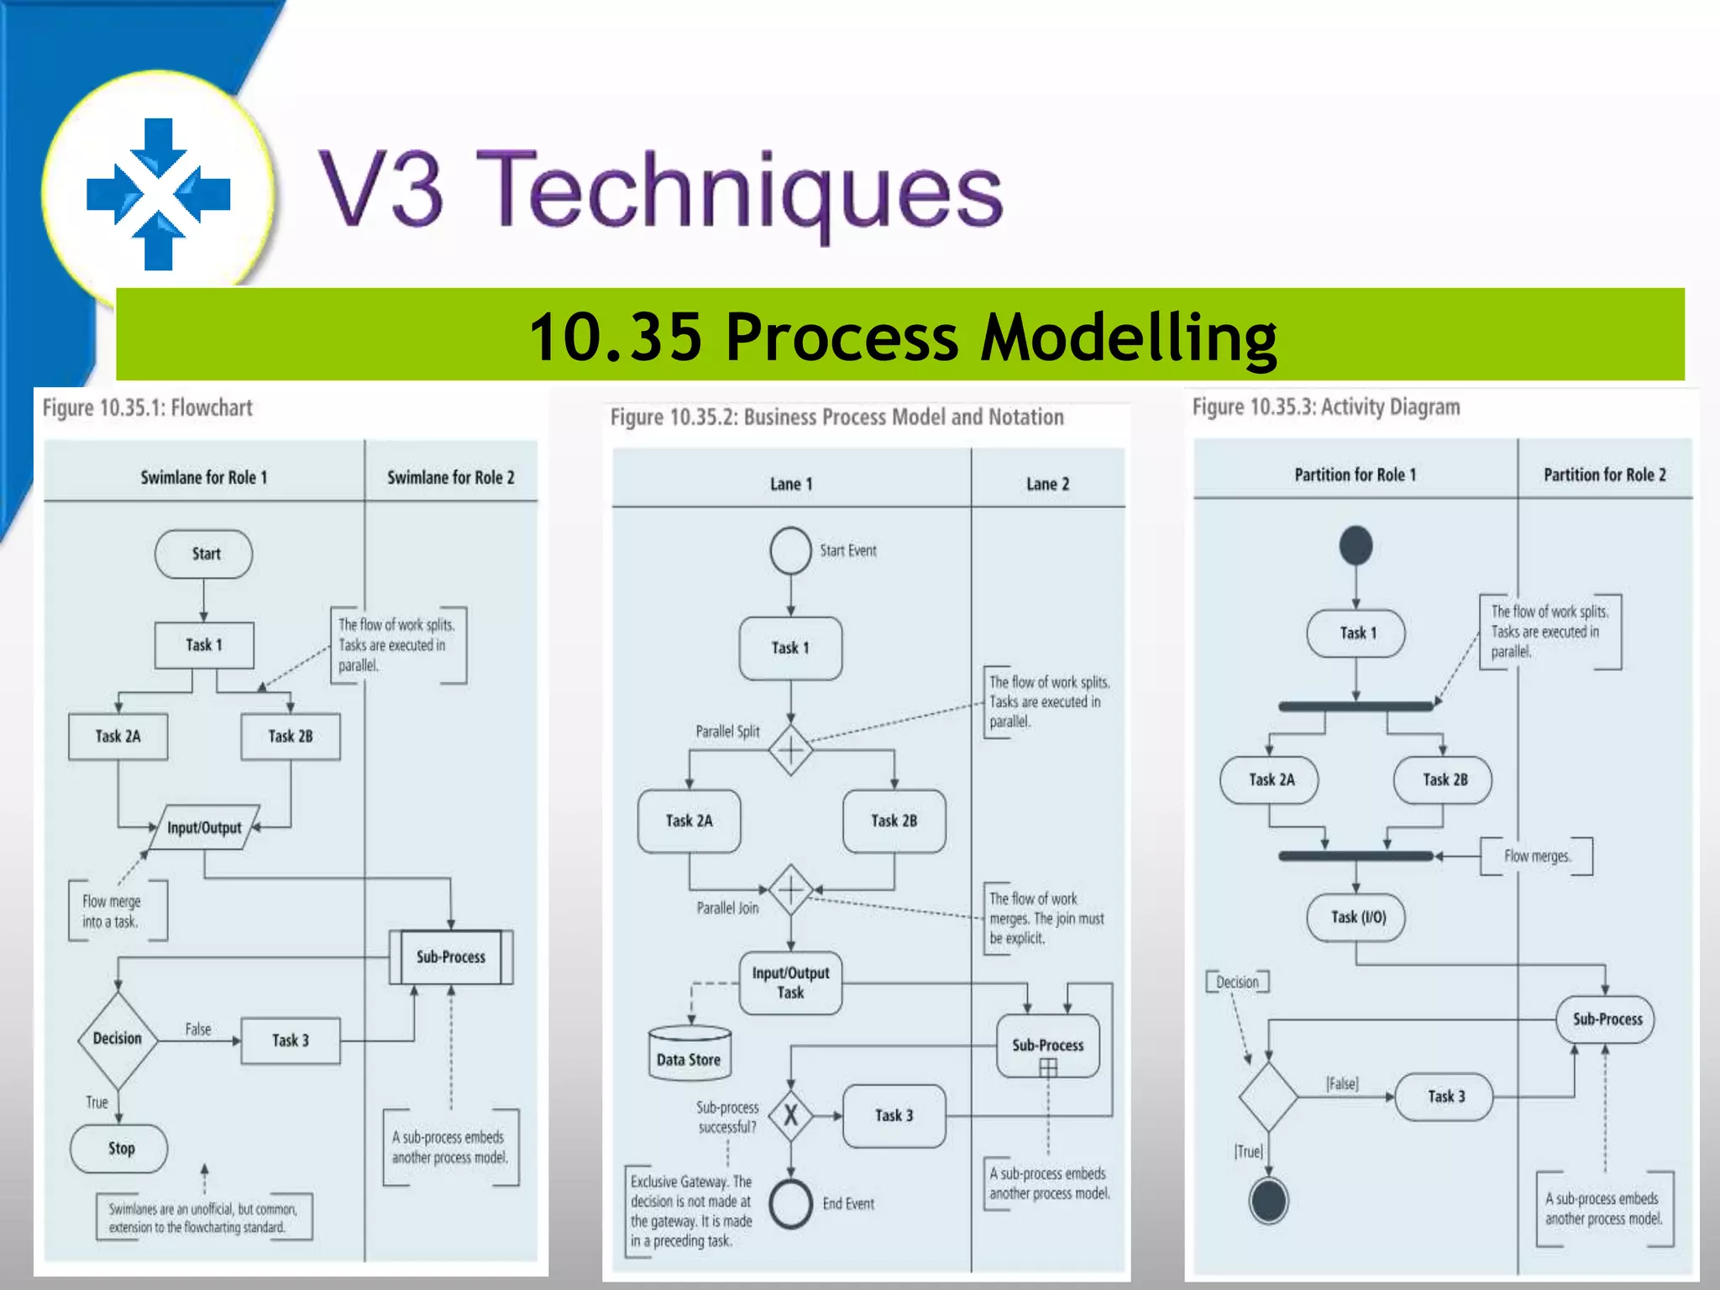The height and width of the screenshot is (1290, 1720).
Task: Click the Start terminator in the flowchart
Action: click(x=204, y=554)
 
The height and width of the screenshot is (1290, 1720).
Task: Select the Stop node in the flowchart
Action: click(x=119, y=1148)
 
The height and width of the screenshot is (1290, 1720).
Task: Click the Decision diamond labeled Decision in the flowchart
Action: click(x=118, y=1040)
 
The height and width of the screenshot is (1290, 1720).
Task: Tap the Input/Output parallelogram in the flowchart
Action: click(x=204, y=828)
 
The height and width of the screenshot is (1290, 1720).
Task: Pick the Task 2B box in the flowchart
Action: click(x=291, y=737)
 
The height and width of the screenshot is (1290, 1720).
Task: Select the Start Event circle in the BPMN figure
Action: click(x=790, y=551)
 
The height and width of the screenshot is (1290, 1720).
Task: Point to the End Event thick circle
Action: click(x=790, y=1203)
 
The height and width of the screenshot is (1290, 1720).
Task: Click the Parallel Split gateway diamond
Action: click(x=790, y=749)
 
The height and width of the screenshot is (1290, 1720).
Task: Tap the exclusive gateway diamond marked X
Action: click(x=790, y=1115)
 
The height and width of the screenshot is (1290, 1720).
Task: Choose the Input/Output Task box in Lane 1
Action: click(x=790, y=983)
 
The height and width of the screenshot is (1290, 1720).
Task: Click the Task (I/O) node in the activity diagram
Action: click(x=1356, y=917)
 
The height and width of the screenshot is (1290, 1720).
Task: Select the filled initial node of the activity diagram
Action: click(x=1356, y=546)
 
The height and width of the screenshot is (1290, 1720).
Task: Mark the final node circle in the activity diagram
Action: click(x=1268, y=1201)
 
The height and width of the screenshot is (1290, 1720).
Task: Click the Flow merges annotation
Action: click(x=1536, y=857)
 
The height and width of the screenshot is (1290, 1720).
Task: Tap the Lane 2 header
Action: click(x=1047, y=485)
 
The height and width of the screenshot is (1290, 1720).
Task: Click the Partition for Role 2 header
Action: click(x=1604, y=475)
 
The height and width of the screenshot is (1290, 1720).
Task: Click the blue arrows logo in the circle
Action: click(x=159, y=194)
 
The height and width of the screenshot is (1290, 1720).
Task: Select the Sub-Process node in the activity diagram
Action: click(x=1606, y=1020)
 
